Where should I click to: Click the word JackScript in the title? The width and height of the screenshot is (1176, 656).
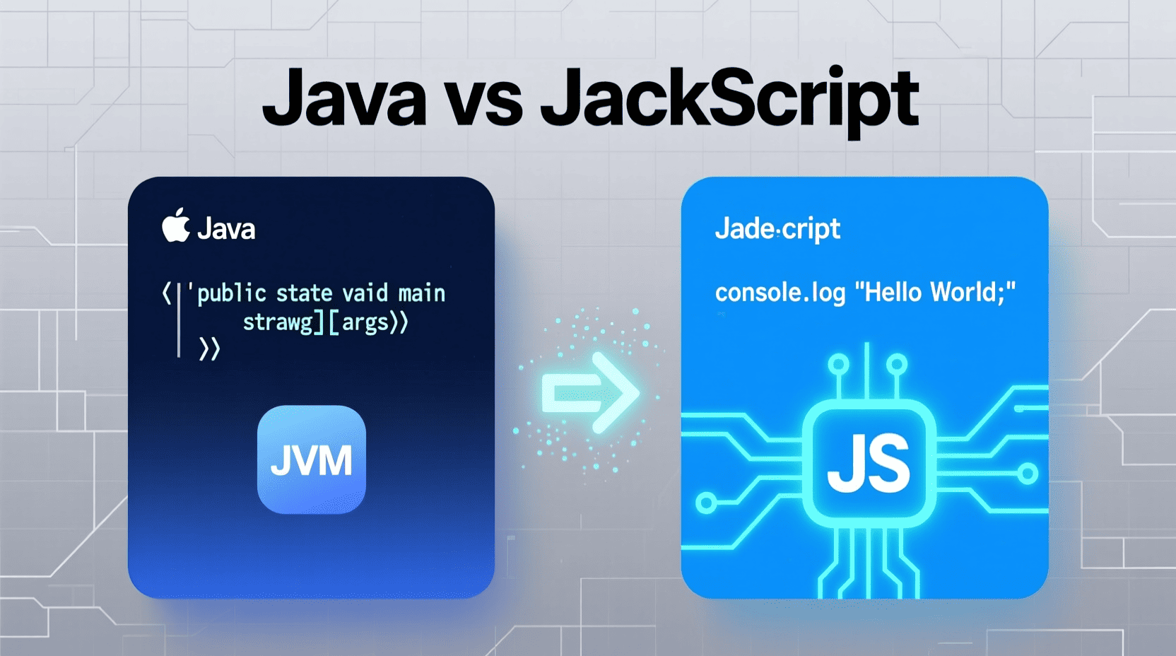730,99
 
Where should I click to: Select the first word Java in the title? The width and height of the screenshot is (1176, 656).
344,97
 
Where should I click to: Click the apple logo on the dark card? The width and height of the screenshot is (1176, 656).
176,225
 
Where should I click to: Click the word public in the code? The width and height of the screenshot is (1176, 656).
232,293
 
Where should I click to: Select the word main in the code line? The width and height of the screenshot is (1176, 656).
422,293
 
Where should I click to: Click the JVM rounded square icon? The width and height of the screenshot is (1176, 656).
312,459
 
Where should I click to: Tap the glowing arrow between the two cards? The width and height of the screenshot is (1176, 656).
591,392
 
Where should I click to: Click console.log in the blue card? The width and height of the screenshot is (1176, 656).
780,293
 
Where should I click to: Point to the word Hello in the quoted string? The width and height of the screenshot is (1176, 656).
893,292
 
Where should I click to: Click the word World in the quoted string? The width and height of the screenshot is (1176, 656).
964,292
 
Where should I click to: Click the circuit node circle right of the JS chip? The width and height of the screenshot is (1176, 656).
1028,474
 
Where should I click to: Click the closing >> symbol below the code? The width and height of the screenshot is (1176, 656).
209,349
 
